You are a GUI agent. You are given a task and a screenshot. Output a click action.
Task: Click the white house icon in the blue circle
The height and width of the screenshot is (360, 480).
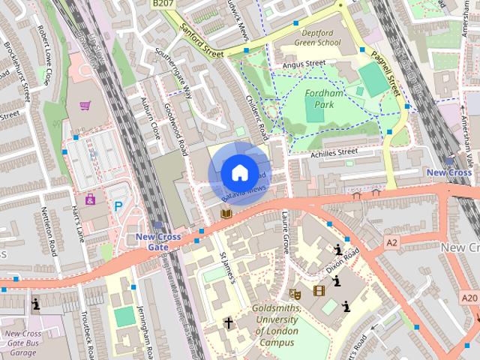[x=238, y=172]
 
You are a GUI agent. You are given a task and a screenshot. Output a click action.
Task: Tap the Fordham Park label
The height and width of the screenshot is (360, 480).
[x=323, y=100]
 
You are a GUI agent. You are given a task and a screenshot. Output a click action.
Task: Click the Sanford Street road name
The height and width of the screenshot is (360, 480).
[x=202, y=42]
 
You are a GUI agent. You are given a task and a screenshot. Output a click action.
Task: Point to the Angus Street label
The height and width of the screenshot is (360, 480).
[x=303, y=64]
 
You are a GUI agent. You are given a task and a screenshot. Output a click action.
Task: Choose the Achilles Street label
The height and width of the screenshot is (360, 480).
[x=334, y=152]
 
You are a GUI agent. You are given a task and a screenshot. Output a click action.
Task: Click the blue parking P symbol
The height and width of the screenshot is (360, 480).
[x=118, y=205]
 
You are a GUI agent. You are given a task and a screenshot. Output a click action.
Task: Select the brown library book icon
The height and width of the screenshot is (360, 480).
[x=226, y=214]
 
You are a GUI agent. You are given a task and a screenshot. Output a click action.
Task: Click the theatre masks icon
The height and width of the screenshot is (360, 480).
[x=295, y=293]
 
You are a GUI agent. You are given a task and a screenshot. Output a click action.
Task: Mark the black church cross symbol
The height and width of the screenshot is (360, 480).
[x=229, y=323]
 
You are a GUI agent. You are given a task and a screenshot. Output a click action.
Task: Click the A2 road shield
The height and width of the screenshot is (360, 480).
[x=391, y=242]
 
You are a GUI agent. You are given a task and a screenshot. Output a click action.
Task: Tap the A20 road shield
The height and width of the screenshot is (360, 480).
[x=469, y=298]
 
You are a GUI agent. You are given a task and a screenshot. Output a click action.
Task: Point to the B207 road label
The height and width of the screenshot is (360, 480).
[x=161, y=4]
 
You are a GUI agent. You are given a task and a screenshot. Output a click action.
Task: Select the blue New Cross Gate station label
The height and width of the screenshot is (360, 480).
[x=158, y=242]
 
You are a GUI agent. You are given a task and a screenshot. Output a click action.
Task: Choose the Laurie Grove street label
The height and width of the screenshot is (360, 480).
[x=286, y=234]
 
